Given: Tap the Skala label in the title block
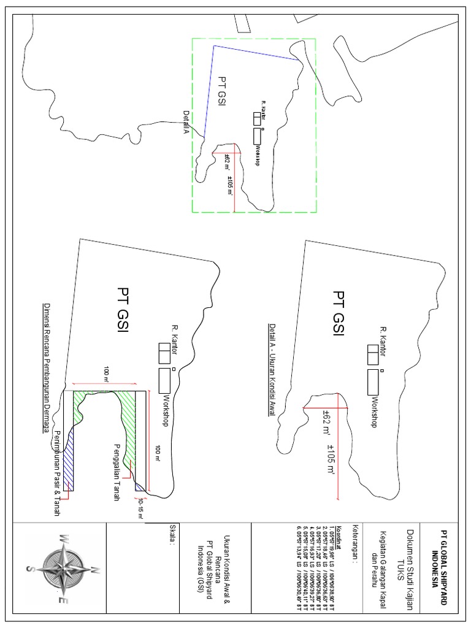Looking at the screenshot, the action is pos(174,534).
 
